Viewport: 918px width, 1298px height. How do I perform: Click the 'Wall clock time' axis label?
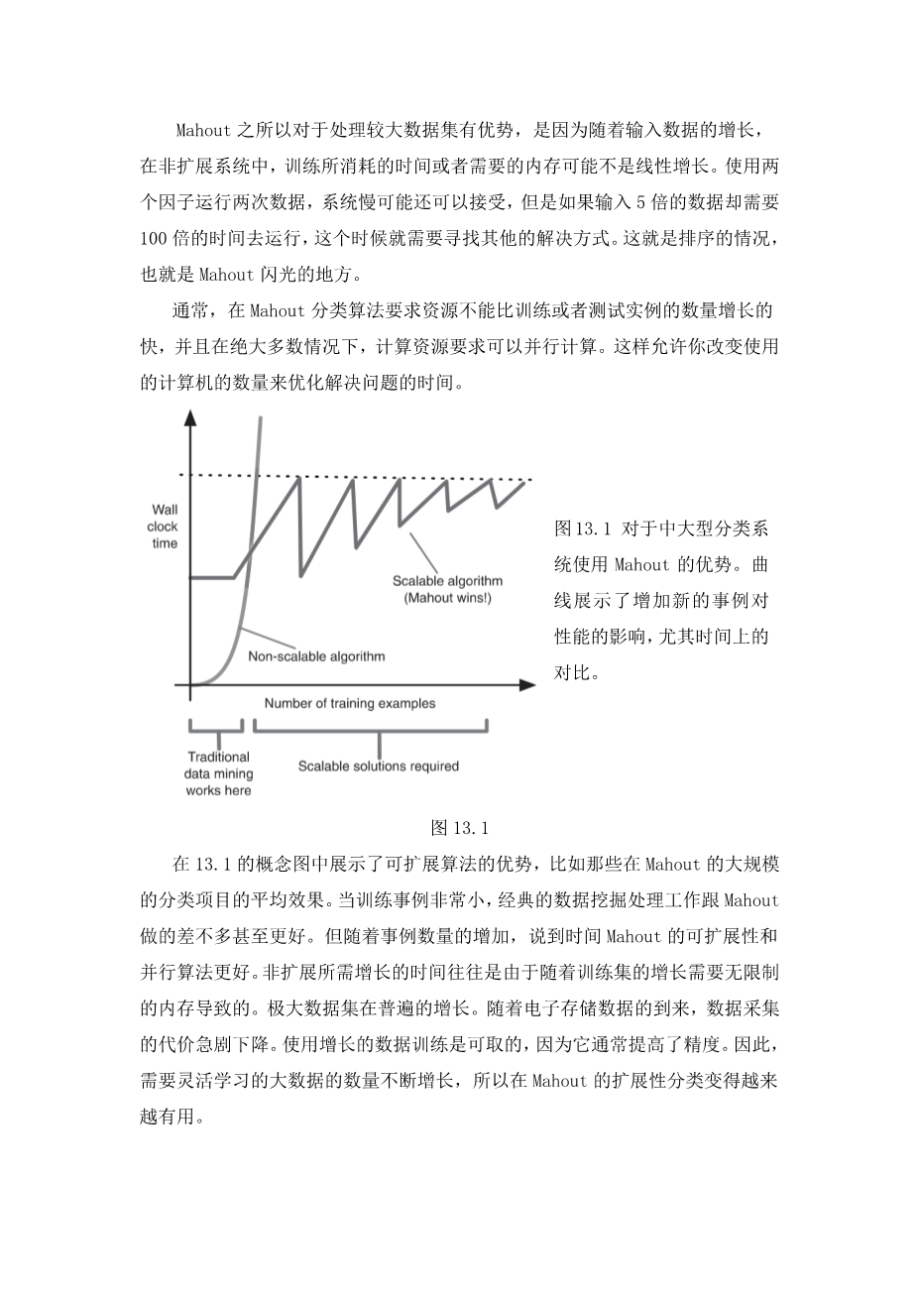165,526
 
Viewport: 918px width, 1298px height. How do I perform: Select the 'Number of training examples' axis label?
349,704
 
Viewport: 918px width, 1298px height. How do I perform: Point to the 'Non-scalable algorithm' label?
316,655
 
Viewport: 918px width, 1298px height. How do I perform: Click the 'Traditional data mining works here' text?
218,773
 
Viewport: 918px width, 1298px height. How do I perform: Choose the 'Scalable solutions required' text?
378,766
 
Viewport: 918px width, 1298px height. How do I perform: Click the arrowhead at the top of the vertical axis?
189,416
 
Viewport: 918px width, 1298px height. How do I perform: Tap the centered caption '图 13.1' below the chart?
460,828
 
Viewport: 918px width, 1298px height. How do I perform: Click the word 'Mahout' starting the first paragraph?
203,130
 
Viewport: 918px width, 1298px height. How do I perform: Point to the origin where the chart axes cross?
189,684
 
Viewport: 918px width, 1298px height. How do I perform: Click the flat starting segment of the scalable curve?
211,577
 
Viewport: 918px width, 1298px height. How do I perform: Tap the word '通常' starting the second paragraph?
188,310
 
